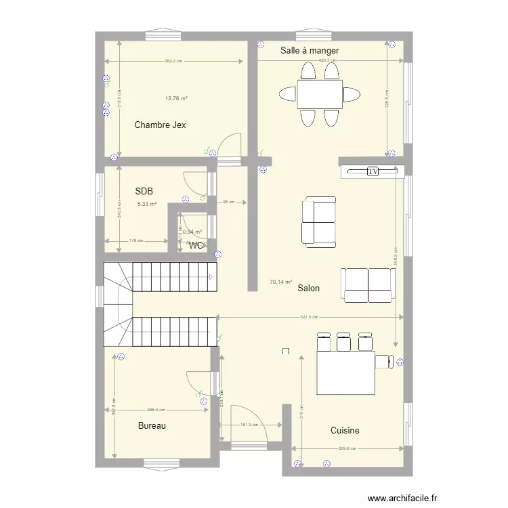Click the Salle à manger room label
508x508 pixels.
pos(310,51)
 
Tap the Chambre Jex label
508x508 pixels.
pos(160,125)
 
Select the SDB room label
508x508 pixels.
pos(144,192)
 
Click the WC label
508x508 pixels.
pos(196,245)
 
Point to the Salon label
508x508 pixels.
pos(308,289)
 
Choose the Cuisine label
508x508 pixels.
pos(345,431)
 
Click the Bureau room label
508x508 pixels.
pos(152,426)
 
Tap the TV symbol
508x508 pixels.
pos(373,171)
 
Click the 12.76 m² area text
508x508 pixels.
pos(176,99)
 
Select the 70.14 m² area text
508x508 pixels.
pos(280,282)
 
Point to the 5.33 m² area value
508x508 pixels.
pos(146,204)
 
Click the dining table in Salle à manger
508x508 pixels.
pos(320,94)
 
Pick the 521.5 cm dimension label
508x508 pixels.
pos(311,317)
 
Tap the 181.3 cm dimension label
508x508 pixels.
pos(249,425)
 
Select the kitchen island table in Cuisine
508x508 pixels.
pos(346,372)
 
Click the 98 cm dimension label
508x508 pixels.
pos(229,202)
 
